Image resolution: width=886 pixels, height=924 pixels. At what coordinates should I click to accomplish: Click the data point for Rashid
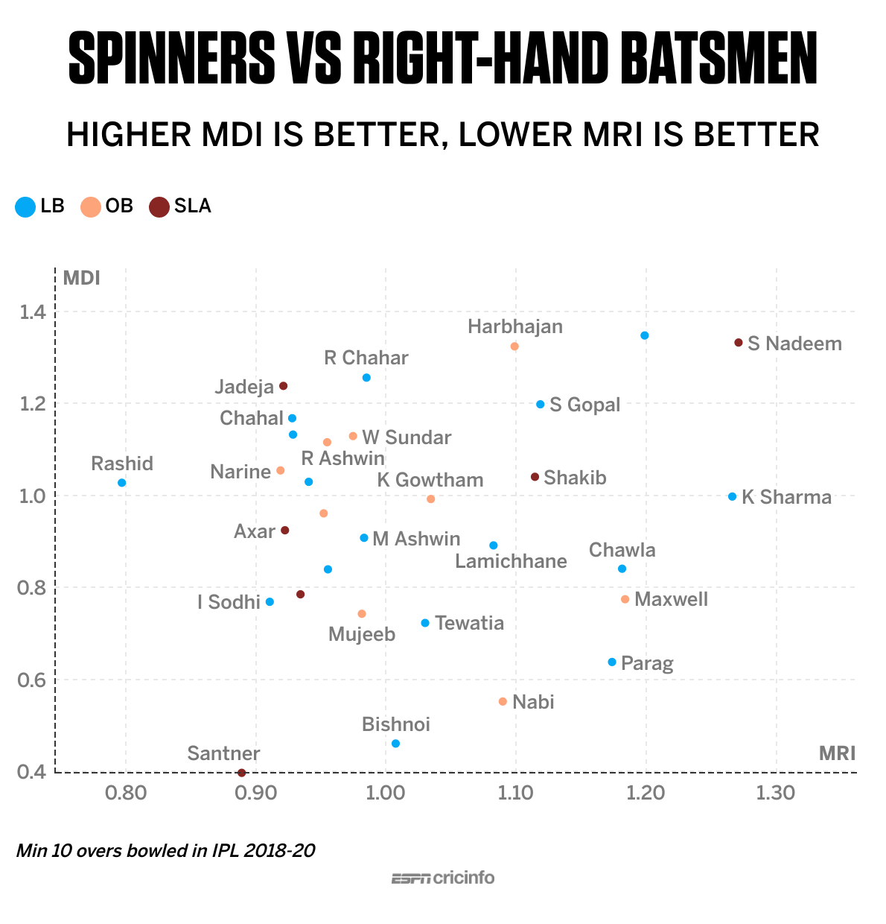coord(122,483)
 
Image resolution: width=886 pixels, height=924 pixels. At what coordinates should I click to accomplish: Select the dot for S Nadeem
coord(739,343)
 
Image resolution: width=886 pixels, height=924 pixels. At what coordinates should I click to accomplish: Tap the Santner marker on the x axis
coord(241,773)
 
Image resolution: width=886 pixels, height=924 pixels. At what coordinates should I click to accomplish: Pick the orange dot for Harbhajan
coord(514,346)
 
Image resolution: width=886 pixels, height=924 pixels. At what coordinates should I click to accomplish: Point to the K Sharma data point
coord(733,496)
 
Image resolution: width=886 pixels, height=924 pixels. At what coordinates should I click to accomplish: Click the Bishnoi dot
coord(395,744)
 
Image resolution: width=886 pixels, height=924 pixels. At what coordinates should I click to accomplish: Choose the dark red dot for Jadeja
coord(284,386)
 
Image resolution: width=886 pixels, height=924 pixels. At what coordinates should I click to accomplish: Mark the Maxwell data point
coord(625,599)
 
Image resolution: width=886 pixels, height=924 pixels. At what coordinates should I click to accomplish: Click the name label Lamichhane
coord(511,561)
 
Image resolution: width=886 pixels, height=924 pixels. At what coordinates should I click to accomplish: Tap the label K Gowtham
coord(430,480)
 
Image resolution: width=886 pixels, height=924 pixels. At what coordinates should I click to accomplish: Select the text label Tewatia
coord(469,623)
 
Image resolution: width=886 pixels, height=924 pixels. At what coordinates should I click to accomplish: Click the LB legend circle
coord(25,206)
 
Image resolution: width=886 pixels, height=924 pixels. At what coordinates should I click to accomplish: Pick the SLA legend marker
coord(159,206)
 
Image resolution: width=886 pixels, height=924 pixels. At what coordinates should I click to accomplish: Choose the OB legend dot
coord(91,206)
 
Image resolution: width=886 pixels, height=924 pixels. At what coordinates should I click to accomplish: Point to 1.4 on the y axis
coord(32,311)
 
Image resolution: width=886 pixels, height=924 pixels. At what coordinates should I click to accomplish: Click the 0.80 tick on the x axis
coord(127,792)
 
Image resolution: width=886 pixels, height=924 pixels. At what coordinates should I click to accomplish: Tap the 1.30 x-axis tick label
coord(776,792)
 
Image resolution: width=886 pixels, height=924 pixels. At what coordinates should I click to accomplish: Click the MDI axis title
coord(81,278)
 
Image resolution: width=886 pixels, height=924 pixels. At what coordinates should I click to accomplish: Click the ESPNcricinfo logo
coord(443,878)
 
